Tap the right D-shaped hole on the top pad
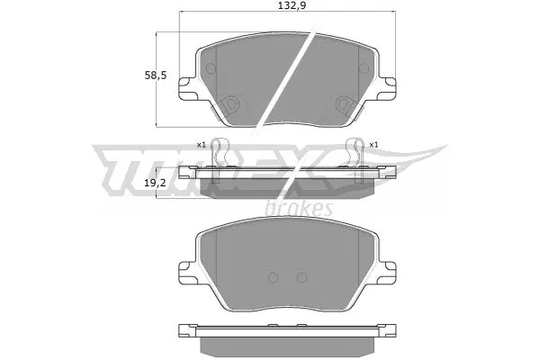click(344, 103)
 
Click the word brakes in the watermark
click(300, 209)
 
